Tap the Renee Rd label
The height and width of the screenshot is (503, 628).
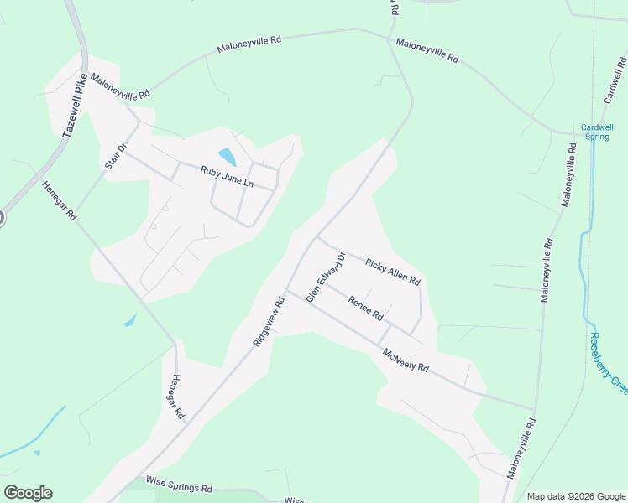[x=366, y=310]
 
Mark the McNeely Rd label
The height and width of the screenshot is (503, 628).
[x=406, y=361]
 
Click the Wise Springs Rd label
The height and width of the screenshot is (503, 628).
[x=179, y=486]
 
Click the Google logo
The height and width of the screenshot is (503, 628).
[x=28, y=493]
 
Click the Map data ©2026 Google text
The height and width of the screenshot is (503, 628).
[x=576, y=496]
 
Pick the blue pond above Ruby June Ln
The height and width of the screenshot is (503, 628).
[x=227, y=156]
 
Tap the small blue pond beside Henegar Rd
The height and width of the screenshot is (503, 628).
[x=129, y=320]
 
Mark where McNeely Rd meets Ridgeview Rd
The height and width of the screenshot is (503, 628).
[x=285, y=292]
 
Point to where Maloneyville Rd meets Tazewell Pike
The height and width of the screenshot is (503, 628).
[x=84, y=71]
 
